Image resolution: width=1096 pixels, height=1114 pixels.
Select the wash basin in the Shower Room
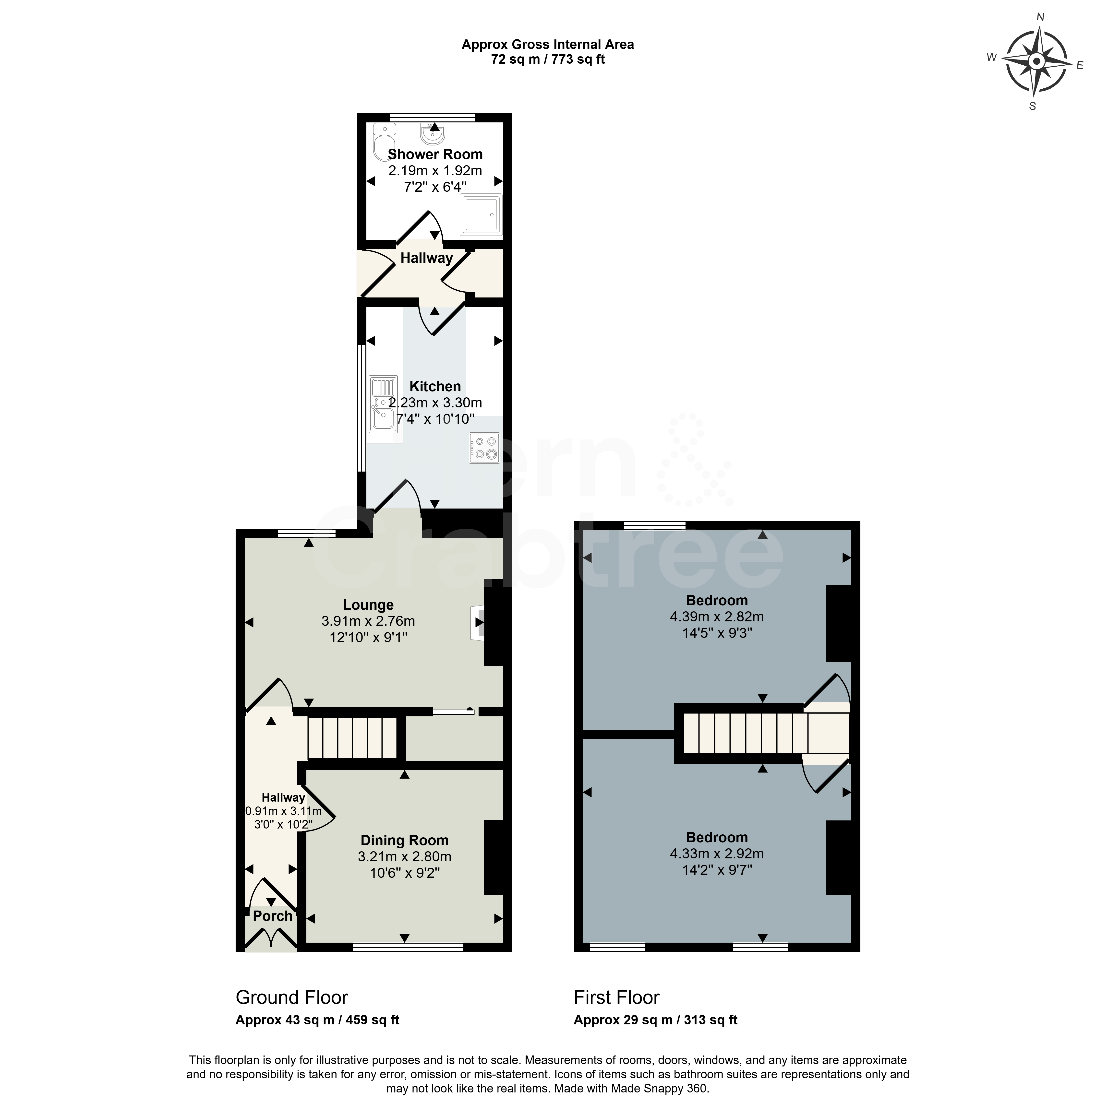433,134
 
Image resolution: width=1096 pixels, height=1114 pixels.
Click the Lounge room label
368,605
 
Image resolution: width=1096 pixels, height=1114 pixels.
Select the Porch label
273,916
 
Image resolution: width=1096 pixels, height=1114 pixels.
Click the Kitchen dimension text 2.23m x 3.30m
435,403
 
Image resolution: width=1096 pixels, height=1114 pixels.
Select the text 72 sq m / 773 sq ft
548,59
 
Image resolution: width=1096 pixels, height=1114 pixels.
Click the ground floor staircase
353,738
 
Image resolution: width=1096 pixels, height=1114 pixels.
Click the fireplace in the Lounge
478,622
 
